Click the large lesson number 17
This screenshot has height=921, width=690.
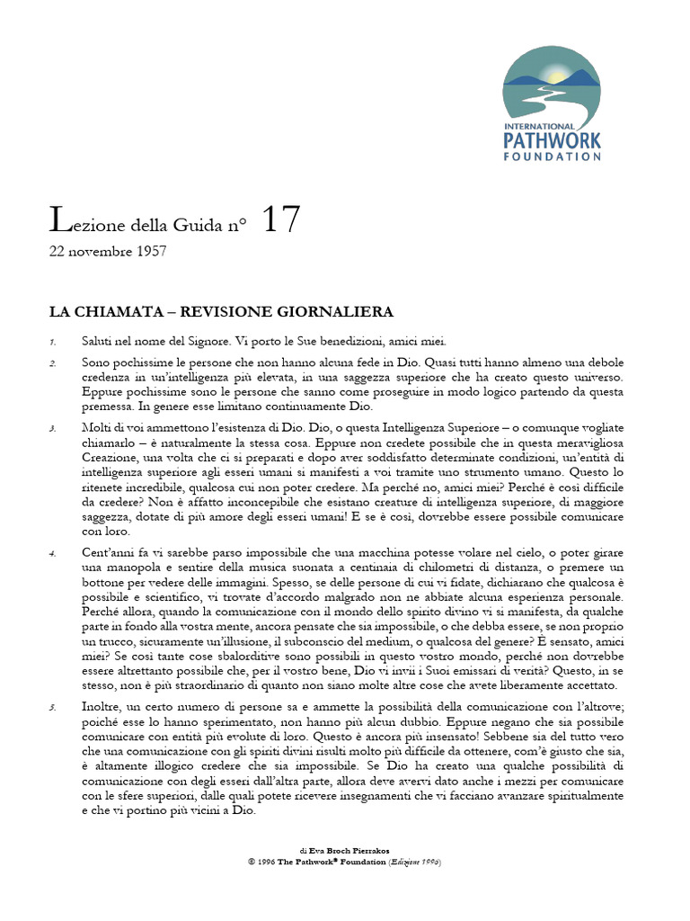(x=280, y=220)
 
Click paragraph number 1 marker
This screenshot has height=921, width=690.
(x=53, y=343)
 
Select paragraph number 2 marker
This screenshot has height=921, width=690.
(x=53, y=363)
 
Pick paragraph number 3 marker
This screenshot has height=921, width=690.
(x=53, y=428)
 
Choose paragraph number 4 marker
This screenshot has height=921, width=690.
(x=53, y=552)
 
